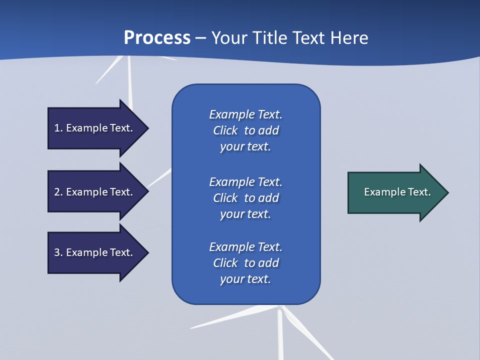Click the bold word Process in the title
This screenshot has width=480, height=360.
coord(157,38)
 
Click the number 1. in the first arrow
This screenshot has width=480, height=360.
coord(58,128)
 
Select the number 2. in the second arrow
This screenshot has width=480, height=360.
coord(58,192)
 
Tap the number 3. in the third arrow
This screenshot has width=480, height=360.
coord(58,252)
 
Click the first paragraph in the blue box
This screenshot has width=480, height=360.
coord(245,130)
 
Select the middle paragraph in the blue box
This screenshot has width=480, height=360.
coord(245,198)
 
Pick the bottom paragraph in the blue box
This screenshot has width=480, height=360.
coord(245,263)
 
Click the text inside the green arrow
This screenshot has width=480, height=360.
coord(397,192)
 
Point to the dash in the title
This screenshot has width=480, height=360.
coord(201,38)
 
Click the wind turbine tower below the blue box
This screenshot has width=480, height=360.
coord(280,335)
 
